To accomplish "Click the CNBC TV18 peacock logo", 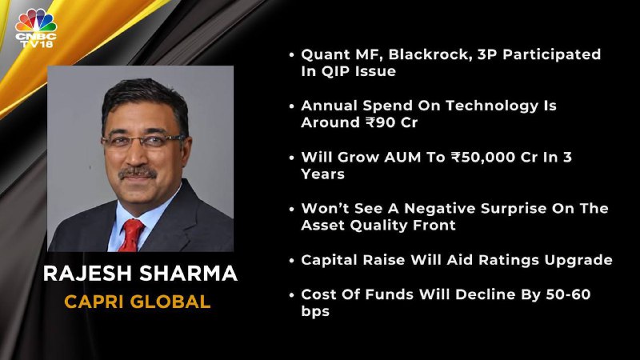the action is pos(36,28).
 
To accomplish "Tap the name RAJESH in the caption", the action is pos(88,273).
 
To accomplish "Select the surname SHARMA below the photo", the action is pos(189,273).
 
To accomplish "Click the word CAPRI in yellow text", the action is pos(94,302).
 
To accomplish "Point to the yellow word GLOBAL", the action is pos(170,302).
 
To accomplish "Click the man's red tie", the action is pos(131,235).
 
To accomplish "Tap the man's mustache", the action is pos(138,173).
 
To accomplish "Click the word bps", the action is pos(315,311).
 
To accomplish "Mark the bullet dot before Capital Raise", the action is pos(291,261).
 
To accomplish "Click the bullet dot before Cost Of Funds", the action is pos(291,294).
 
